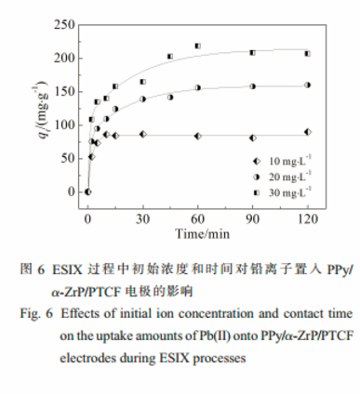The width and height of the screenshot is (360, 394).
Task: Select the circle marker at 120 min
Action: [307, 85]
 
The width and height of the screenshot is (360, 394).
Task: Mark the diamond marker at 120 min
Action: [307, 132]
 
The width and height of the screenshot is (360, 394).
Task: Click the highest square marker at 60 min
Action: [197, 46]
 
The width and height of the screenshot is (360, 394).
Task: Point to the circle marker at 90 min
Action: [252, 86]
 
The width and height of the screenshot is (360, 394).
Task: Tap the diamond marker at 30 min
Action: [142, 134]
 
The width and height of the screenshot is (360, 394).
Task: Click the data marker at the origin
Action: [87, 191]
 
